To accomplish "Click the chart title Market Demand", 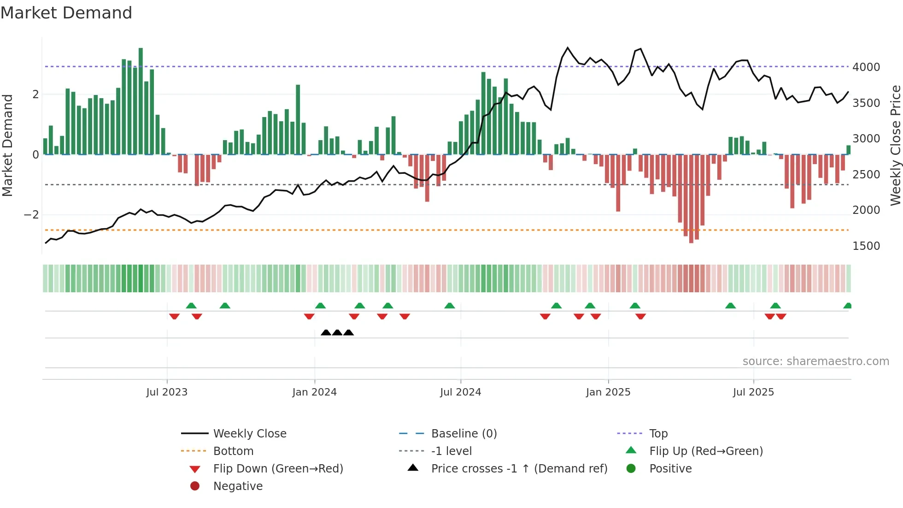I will [66, 12].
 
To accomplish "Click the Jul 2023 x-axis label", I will [167, 392].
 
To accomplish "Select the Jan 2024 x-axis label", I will [314, 392].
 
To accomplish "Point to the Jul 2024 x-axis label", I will [460, 392].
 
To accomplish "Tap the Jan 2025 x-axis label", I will [608, 392].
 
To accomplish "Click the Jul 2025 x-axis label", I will [753, 392].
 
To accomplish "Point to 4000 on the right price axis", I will [866, 67].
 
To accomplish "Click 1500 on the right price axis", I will [866, 246].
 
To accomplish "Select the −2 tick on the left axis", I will [31, 215].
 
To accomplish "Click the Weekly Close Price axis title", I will [895, 145].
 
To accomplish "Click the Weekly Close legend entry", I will [249, 433].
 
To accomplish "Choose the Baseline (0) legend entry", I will [463, 433].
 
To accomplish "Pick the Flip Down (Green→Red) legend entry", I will [278, 468].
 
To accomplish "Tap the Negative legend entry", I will [238, 486].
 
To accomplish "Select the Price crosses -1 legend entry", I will [519, 468].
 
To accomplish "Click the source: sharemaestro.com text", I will [815, 361].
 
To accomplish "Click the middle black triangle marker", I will [337, 332].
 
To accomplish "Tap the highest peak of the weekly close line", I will [568, 48].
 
